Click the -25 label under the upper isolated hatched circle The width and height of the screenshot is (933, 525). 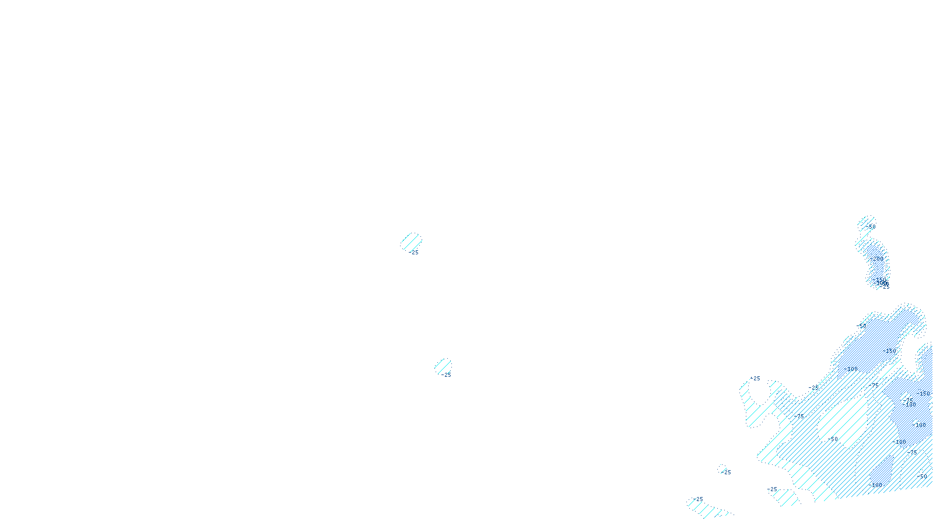point(413,253)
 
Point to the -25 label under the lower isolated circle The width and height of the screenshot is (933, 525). point(446,375)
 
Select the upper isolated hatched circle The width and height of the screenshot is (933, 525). point(412,241)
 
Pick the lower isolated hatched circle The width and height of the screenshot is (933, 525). point(443,366)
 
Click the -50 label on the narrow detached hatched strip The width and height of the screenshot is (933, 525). point(870,227)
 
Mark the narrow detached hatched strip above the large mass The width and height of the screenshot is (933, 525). point(873,254)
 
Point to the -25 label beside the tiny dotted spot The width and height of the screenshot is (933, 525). point(727,473)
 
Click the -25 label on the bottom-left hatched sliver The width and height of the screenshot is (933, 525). point(699,499)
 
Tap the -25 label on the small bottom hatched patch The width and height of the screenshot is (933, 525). point(772,489)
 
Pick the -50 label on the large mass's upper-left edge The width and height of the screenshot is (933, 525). point(861,326)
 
